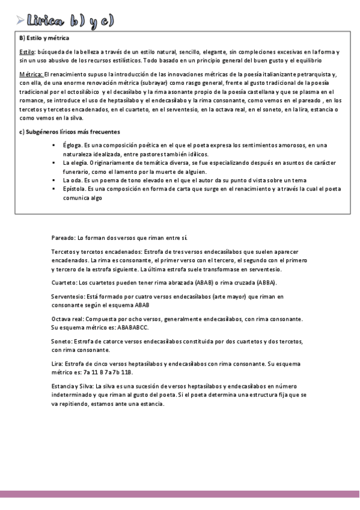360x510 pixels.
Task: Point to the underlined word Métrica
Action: (x=31, y=73)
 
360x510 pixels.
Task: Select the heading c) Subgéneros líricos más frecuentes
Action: (x=70, y=132)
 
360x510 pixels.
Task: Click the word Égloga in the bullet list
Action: (x=73, y=145)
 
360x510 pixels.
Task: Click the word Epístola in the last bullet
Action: (x=75, y=188)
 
